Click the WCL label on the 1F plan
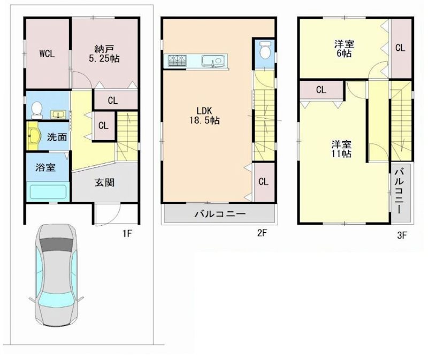(47, 54)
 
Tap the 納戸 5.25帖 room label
(104, 54)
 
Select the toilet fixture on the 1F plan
(36, 110)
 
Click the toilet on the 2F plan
(265, 50)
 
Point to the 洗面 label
(57, 137)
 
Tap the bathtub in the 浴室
(48, 192)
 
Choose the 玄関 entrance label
(104, 182)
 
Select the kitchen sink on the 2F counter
(215, 60)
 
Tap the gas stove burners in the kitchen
(177, 60)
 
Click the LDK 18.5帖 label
(204, 115)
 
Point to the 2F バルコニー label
(220, 214)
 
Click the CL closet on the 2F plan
(263, 182)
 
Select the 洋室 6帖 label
(344, 49)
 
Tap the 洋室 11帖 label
(341, 149)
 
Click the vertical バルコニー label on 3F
(400, 191)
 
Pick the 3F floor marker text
(402, 235)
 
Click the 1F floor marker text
(127, 233)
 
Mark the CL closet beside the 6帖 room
(400, 48)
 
